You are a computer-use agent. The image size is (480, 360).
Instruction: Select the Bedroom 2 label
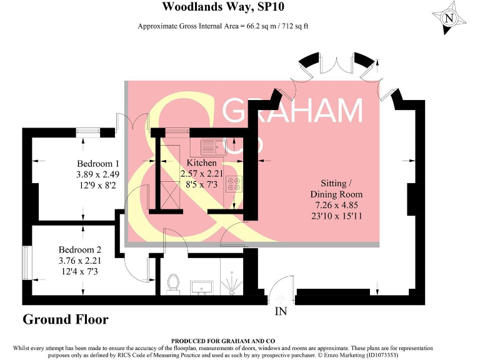[80, 250]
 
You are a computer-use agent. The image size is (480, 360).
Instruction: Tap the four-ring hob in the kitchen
[234, 185]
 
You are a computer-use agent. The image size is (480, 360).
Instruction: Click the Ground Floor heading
[66, 319]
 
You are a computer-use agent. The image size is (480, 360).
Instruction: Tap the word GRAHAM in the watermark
[292, 111]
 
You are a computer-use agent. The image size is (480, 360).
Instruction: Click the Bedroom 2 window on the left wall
[26, 262]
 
